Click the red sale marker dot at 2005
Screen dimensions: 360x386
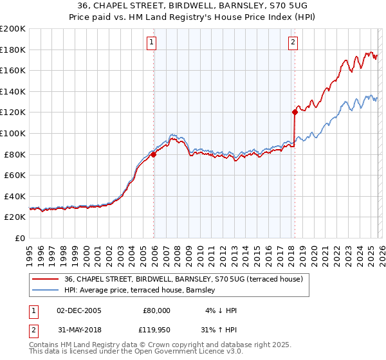pyautogui.click(x=154, y=154)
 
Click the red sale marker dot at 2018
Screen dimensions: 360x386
pyautogui.click(x=295, y=113)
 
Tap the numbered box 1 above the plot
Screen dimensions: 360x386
pyautogui.click(x=151, y=43)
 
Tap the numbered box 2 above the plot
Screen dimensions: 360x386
pyautogui.click(x=293, y=43)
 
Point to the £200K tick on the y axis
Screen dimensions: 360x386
pyautogui.click(x=13, y=29)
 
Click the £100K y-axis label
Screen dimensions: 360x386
pyautogui.click(x=13, y=133)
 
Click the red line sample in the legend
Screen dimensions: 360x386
pyautogui.click(x=46, y=279)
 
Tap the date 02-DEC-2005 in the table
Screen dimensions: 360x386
pyautogui.click(x=79, y=310)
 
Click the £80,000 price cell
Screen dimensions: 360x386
pyautogui.click(x=156, y=310)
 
